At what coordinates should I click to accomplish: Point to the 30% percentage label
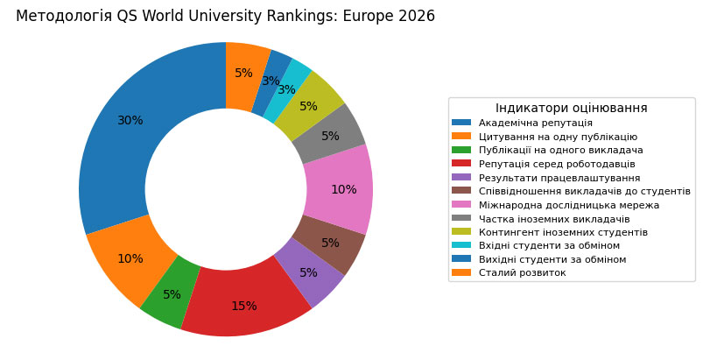pos(130,121)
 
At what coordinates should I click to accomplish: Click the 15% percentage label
pos(244,307)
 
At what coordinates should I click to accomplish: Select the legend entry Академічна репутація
pos(535,123)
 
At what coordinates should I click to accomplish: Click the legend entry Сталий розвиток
pos(522,273)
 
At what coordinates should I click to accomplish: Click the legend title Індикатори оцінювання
pos(571,108)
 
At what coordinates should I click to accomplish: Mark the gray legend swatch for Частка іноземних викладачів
pos(460,219)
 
